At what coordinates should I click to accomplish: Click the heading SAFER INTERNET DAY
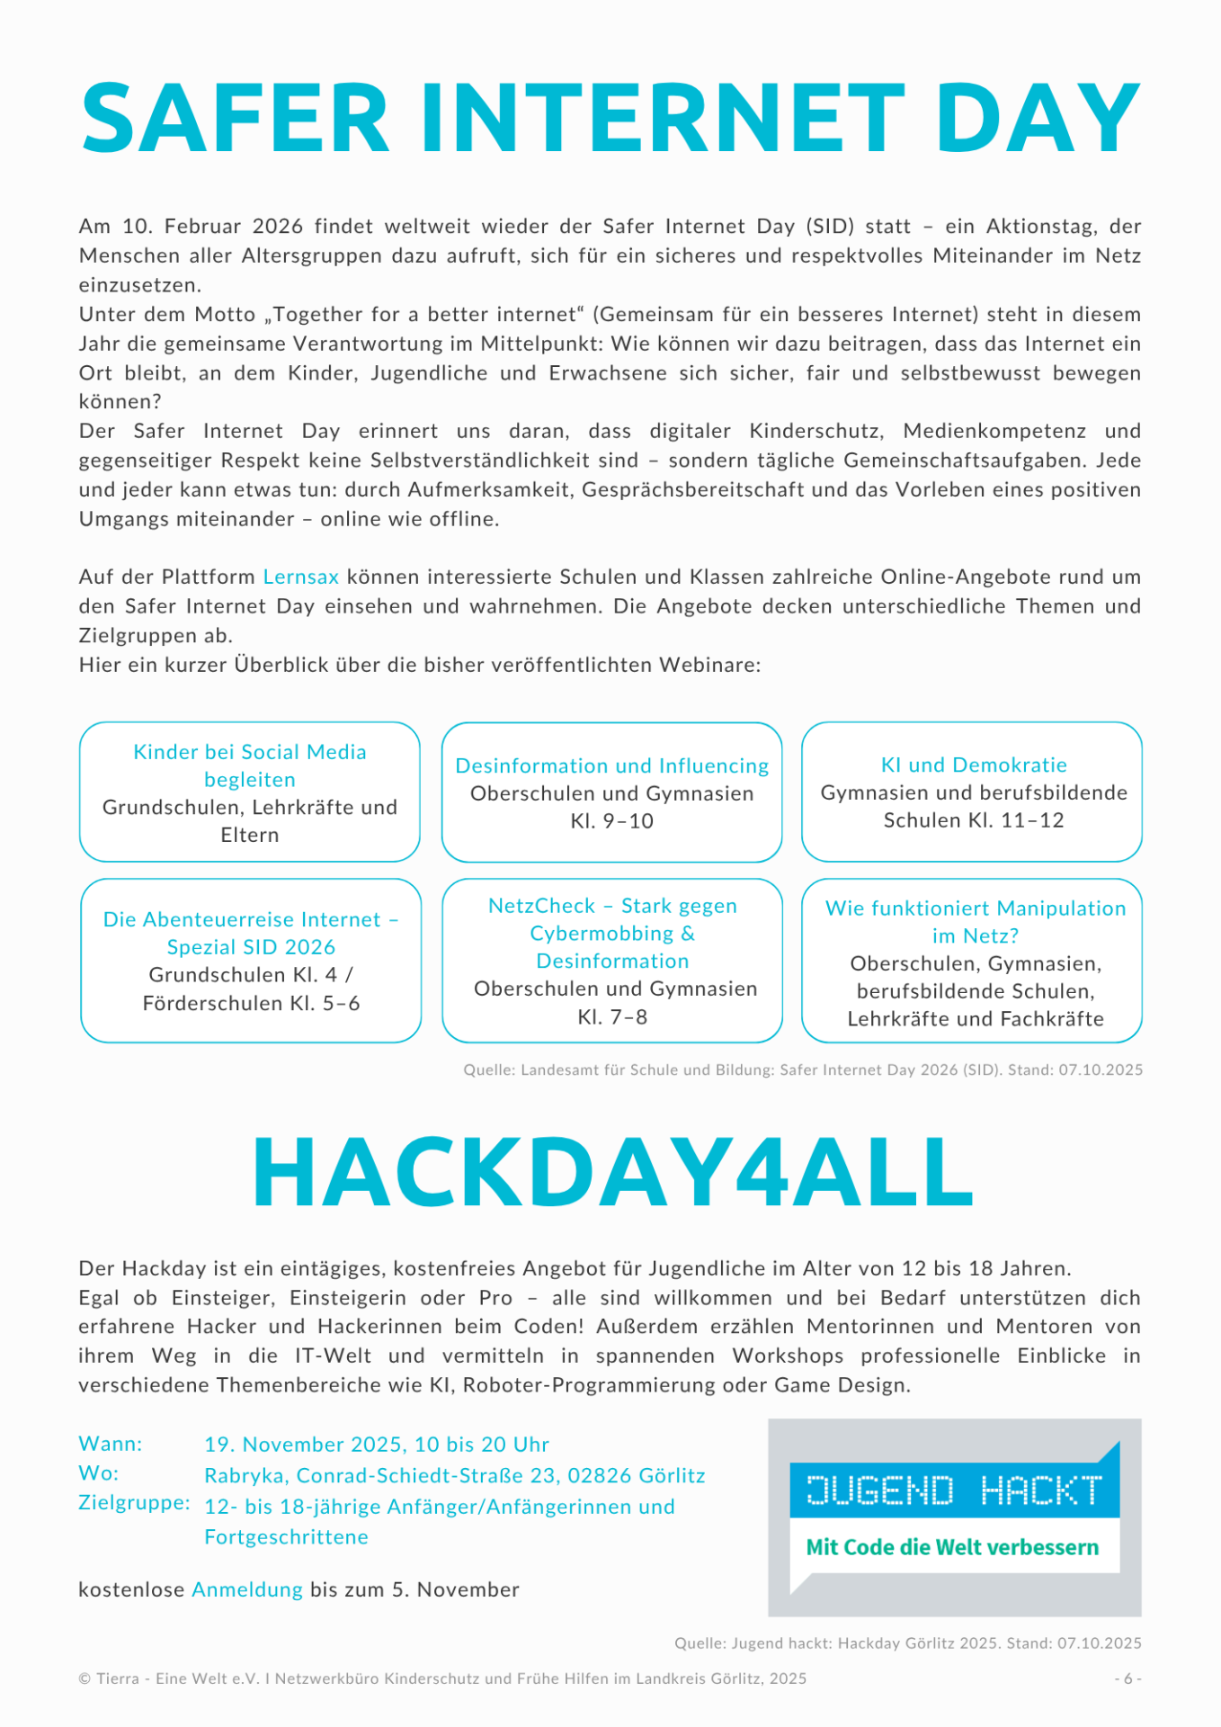(x=610, y=119)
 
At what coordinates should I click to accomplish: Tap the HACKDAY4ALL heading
(x=613, y=1172)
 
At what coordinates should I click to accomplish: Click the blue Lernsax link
(x=301, y=577)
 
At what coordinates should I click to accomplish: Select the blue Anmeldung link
(x=247, y=1589)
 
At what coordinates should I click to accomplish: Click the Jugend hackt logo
(x=954, y=1490)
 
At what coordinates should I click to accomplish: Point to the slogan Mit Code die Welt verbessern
(x=952, y=1547)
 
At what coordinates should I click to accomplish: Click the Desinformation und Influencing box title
(x=611, y=766)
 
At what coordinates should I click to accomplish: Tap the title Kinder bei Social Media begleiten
(x=250, y=765)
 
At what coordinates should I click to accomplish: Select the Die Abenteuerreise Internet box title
(x=251, y=933)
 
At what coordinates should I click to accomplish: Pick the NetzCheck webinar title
(x=612, y=934)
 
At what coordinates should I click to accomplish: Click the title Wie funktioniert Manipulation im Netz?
(x=976, y=922)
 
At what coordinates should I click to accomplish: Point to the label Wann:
(x=111, y=1444)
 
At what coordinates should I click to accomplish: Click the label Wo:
(x=99, y=1473)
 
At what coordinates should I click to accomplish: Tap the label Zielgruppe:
(x=134, y=1503)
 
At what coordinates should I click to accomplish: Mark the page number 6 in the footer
(x=1127, y=1678)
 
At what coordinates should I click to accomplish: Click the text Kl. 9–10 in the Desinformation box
(x=611, y=821)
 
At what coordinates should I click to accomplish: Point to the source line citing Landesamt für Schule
(x=803, y=1069)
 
